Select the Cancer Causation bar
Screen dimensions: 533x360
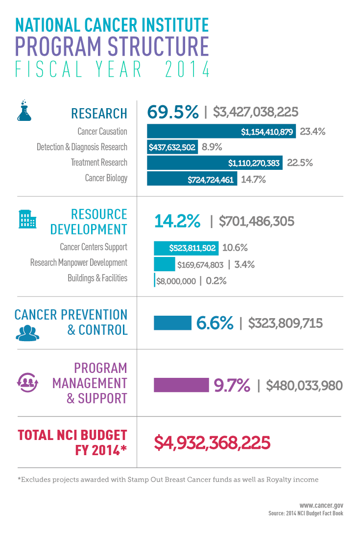(x=221, y=132)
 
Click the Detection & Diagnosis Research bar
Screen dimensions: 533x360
(x=172, y=147)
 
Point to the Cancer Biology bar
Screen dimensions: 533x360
(x=192, y=179)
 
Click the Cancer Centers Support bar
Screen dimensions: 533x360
(x=186, y=248)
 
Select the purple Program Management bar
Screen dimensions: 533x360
(x=181, y=385)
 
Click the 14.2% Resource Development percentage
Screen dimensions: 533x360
(x=177, y=221)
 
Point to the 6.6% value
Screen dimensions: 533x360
(x=215, y=323)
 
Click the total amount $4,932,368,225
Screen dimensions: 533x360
(x=212, y=442)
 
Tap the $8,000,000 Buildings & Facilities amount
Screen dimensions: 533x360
(x=176, y=281)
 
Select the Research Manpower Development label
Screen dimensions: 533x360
(x=79, y=263)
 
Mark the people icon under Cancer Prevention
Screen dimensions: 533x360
(x=27, y=332)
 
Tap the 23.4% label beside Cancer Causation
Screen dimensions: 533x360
(x=312, y=132)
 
